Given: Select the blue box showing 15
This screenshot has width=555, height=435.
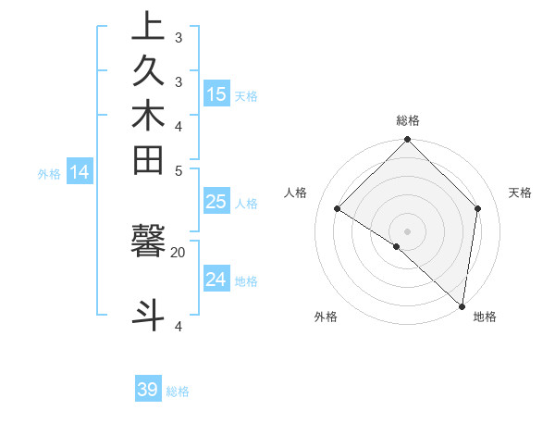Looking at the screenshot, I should point(216,93).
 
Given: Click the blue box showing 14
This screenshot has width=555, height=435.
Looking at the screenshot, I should point(80,171).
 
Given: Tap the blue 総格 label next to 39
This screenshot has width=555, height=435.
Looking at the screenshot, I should point(179,391).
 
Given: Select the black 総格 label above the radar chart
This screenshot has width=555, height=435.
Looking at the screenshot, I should point(408,120).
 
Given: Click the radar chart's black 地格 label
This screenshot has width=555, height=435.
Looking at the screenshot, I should point(485,317).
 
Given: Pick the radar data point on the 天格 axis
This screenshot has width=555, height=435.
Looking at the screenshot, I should point(478,208).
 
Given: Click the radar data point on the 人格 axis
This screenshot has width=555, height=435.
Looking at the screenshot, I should point(338,209).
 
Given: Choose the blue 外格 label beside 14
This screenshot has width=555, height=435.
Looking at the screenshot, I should point(49,173).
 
